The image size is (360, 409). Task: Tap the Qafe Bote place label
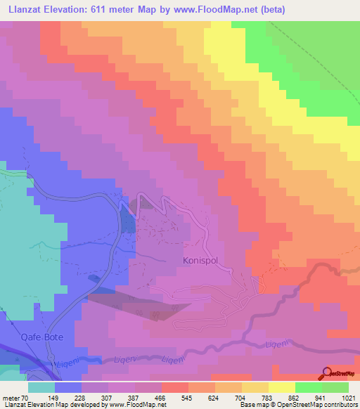point(43,337)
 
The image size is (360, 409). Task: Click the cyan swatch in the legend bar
point(41,387)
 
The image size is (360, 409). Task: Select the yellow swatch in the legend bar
point(282,387)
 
